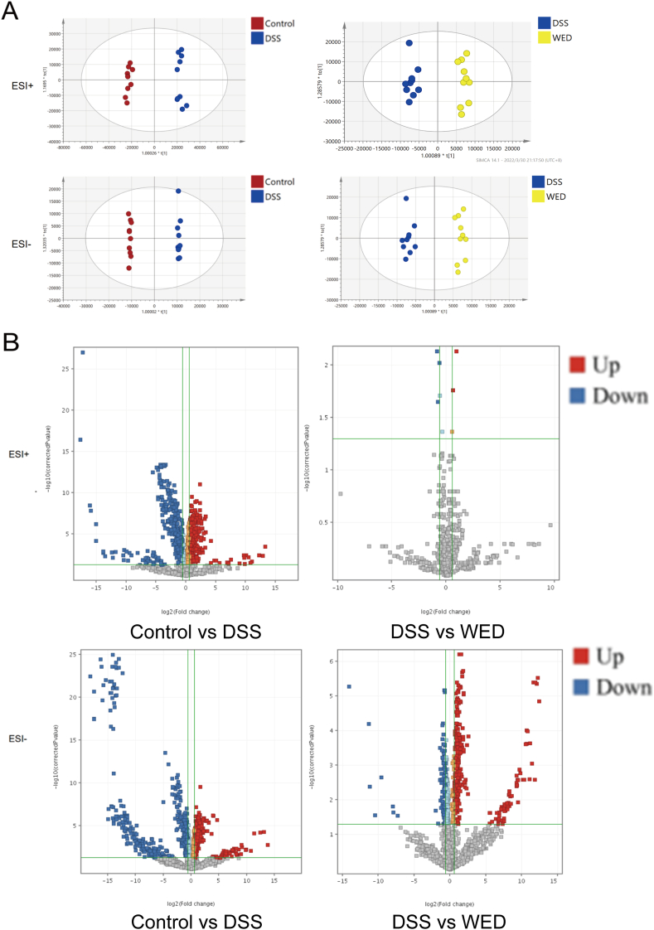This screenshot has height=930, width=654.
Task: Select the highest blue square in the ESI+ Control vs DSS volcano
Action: click(83, 352)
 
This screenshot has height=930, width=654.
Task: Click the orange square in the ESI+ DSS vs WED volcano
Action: click(453, 432)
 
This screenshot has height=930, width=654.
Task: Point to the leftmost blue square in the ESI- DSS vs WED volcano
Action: click(349, 686)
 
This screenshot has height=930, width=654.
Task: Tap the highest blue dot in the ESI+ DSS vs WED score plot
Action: click(409, 43)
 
